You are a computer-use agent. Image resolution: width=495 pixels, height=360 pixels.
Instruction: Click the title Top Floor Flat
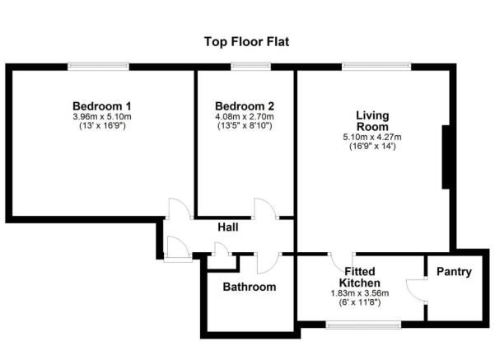click(247, 40)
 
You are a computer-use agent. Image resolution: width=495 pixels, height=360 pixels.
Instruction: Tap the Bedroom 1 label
click(102, 106)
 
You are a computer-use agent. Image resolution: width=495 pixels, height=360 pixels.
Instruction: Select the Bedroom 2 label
click(245, 106)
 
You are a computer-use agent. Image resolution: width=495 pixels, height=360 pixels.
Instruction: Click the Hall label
click(229, 227)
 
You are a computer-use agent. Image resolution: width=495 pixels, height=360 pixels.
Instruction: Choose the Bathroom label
click(250, 287)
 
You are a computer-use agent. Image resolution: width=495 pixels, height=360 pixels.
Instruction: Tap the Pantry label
click(454, 271)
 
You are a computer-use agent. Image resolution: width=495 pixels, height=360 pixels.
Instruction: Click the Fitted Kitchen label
click(362, 277)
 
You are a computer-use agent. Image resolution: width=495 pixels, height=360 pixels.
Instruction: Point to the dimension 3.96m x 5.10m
click(102, 117)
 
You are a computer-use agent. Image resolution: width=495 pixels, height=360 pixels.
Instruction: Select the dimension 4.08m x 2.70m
click(245, 117)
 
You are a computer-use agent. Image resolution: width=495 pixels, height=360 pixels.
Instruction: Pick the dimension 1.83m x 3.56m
click(362, 293)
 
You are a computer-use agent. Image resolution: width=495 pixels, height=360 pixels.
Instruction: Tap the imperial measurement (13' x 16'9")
click(102, 127)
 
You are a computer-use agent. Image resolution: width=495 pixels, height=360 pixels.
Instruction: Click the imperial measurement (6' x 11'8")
click(362, 302)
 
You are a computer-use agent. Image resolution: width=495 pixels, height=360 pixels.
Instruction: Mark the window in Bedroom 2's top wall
click(245, 66)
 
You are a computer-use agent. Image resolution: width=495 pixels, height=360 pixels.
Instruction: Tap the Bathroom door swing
click(265, 264)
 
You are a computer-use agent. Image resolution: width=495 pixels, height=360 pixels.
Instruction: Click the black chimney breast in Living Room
click(446, 157)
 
